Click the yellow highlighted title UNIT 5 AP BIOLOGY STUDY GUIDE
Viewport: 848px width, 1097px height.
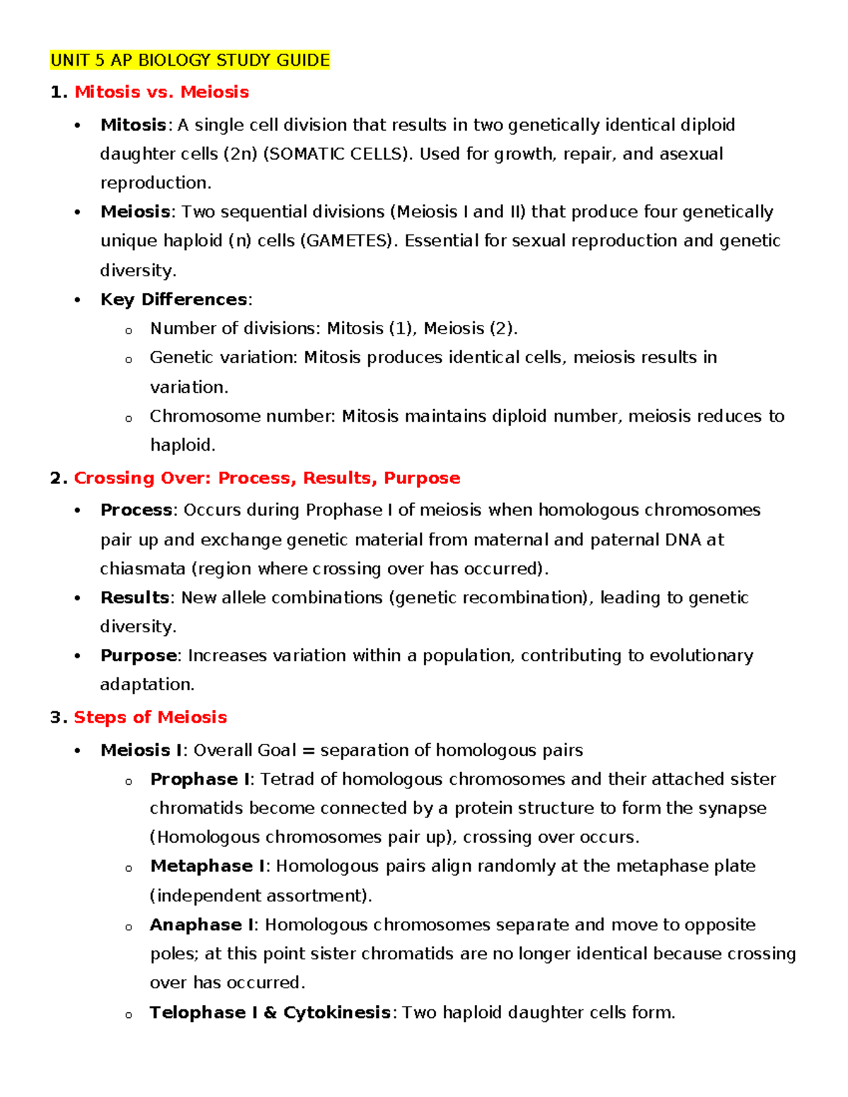tap(190, 60)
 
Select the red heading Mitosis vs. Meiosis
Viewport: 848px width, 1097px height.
tap(161, 92)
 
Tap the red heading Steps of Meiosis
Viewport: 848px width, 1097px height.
tap(150, 717)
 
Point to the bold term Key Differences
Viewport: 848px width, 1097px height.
tap(173, 300)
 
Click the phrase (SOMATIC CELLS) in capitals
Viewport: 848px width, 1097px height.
tap(336, 154)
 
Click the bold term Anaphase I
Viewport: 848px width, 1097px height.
tap(201, 925)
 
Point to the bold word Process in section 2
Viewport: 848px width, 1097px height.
tap(136, 510)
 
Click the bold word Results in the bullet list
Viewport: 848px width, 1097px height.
tap(134, 598)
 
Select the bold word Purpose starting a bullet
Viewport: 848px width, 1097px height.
tap(139, 656)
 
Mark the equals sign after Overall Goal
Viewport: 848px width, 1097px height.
tap(308, 750)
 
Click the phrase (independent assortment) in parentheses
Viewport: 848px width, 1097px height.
tap(259, 896)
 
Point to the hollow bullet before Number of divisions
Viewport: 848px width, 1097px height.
tap(129, 330)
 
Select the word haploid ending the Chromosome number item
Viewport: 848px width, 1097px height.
tap(181, 445)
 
